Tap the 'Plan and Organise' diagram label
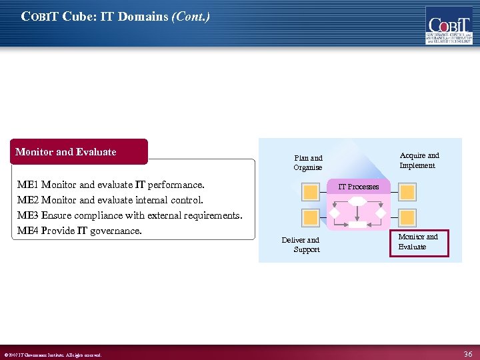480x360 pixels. coord(308,163)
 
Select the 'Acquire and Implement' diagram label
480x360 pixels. coord(419,161)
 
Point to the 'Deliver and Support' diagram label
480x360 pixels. coord(301,245)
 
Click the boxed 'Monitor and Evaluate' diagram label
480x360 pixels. coord(419,242)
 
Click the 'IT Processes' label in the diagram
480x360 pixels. coord(358,187)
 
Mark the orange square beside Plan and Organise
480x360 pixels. coord(311,193)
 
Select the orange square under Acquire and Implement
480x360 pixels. coord(407,193)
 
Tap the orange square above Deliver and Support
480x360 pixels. coord(311,217)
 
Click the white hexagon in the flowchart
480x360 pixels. coord(358,201)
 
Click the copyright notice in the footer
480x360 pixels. coord(53,355)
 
